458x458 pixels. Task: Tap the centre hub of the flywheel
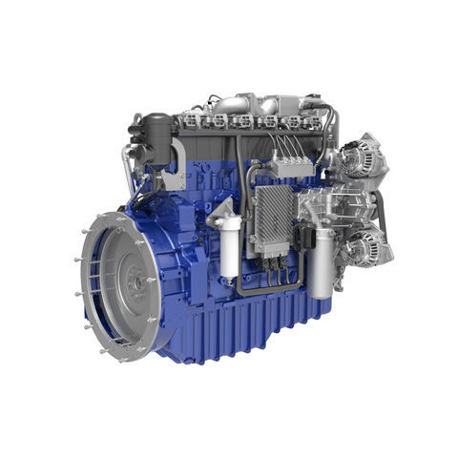pyautogui.click(x=136, y=282)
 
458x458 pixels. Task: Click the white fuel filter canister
pyautogui.click(x=228, y=250)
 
